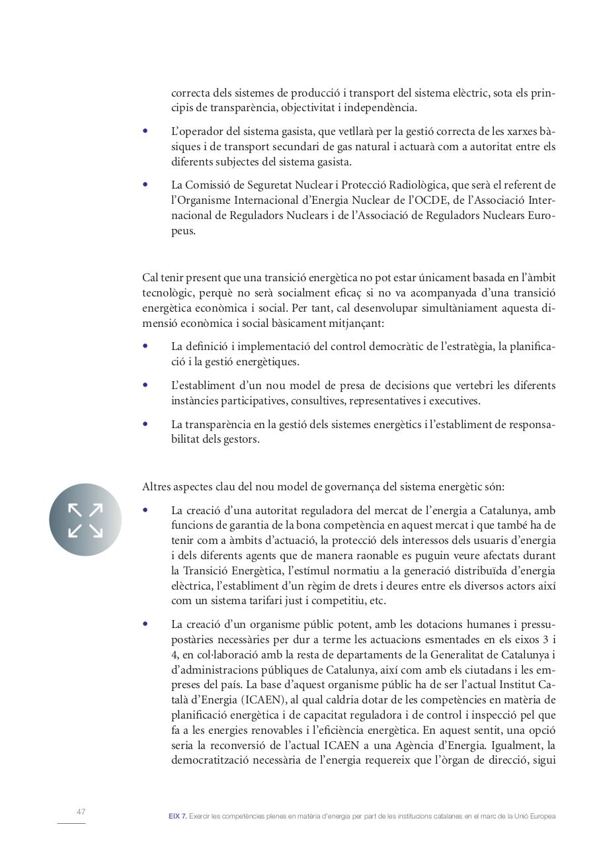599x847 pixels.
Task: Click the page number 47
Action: (x=81, y=812)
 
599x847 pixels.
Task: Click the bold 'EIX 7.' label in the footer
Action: (x=177, y=817)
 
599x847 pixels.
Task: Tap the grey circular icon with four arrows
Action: (x=85, y=519)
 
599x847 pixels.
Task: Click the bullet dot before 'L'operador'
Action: (x=145, y=131)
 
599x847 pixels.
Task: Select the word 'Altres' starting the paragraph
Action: (x=157, y=487)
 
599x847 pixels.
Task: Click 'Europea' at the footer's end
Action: (x=542, y=817)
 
